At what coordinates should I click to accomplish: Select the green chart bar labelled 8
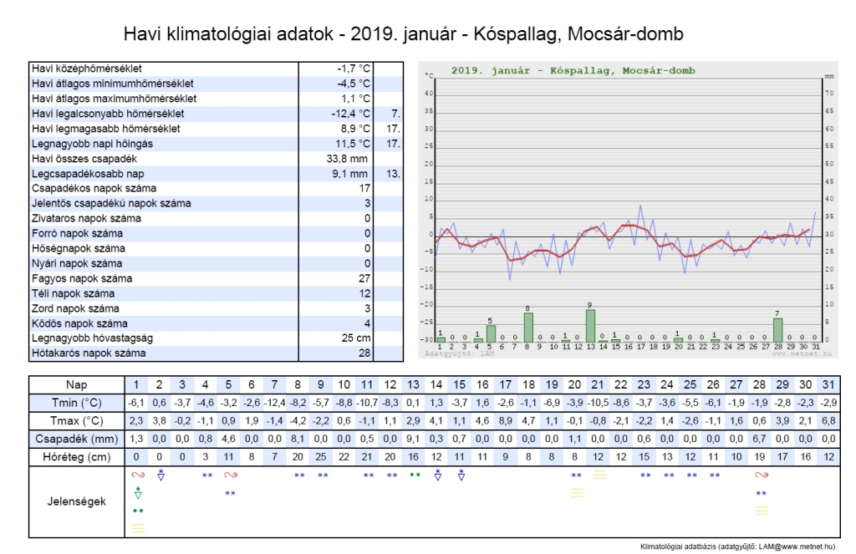pos(528,327)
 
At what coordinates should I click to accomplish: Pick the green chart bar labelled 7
pos(777,329)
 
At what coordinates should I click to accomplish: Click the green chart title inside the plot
pos(573,71)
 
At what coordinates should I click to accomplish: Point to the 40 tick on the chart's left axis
pos(429,94)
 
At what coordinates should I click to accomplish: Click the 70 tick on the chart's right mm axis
pos(828,94)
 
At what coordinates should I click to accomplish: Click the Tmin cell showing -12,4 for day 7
pos(273,404)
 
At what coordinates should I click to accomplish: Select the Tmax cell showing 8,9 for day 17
pos(505,420)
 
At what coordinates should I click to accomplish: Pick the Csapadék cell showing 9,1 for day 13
pos(412,438)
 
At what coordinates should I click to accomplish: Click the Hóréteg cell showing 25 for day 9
pos(320,456)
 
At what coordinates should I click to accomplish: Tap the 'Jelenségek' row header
pos(76,501)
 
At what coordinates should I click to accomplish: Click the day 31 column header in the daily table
pos(828,385)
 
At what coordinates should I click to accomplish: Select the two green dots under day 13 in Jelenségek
pos(413,475)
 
